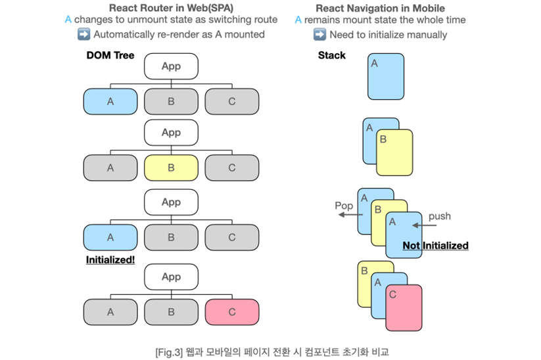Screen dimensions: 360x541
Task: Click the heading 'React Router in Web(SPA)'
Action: coord(171,8)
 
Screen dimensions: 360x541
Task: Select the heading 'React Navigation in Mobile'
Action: coord(381,8)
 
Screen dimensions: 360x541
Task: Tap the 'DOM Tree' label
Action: coord(110,55)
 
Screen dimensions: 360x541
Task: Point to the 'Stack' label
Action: coord(331,55)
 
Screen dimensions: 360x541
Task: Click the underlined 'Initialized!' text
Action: coord(110,259)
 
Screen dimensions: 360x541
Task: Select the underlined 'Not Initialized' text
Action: coord(435,246)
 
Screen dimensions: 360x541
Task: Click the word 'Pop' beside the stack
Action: coord(344,206)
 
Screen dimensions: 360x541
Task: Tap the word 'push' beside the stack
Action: coord(439,216)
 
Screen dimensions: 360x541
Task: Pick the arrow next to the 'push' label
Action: coord(424,226)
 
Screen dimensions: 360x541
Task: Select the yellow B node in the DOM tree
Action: coord(171,168)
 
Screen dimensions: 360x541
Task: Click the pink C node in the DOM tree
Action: coord(231,312)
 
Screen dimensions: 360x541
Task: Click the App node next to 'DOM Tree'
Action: coord(171,66)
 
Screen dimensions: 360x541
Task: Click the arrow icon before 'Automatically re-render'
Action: coord(83,34)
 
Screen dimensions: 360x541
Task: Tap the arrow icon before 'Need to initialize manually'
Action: coord(320,34)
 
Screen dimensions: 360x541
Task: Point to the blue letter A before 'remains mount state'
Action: coord(298,20)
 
